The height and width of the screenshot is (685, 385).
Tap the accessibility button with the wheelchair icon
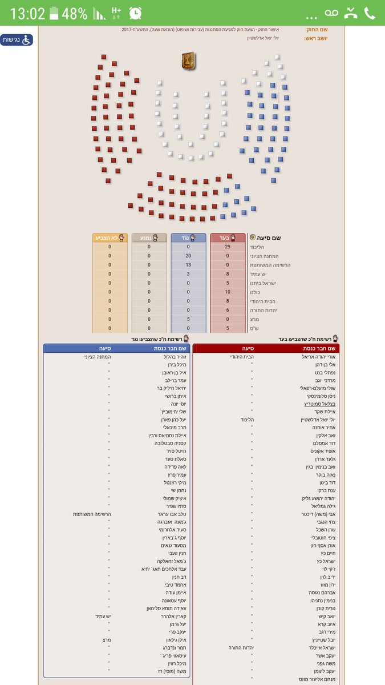click(17, 40)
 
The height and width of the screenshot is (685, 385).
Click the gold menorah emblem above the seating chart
click(188, 59)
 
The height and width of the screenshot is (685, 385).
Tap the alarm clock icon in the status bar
click(136, 13)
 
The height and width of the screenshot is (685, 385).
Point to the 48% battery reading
click(75, 14)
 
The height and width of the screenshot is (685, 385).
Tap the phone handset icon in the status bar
click(370, 13)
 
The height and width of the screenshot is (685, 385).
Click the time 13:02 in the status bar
click(27, 14)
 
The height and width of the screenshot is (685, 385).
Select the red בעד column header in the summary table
click(228, 237)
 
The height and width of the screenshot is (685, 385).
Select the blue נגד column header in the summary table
click(188, 237)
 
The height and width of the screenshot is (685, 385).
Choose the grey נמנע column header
click(149, 237)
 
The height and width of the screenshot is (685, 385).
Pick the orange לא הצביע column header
click(110, 237)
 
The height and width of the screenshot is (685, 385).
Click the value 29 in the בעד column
click(228, 247)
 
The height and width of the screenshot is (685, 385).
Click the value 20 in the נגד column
click(188, 256)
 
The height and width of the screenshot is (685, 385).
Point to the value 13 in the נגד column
click(188, 265)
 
